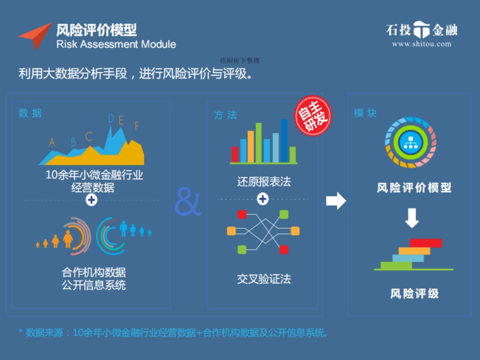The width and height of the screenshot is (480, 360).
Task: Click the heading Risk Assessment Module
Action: pos(116,44)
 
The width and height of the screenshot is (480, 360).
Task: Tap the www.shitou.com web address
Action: pos(422,44)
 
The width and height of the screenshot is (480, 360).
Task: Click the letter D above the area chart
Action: pos(111,118)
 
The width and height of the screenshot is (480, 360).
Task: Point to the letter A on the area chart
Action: pos(52,143)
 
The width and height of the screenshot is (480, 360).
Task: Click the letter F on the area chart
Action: pos(137,126)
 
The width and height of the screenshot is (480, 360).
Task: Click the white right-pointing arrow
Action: pos(336,201)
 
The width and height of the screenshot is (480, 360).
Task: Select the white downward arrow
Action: pos(412,218)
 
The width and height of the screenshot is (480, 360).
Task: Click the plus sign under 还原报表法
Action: pos(263,198)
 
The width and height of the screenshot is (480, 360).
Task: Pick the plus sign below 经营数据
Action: pos(92,200)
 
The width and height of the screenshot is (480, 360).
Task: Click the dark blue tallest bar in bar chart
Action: pos(284,140)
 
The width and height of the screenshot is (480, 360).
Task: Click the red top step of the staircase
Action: pos(426,243)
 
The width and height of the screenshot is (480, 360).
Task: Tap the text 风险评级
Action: pos(414,294)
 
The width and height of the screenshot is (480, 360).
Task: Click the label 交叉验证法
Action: pos(264,279)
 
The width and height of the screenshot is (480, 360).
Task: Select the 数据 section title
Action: pos(30,114)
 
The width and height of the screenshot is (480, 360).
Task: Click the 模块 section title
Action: pos(365,114)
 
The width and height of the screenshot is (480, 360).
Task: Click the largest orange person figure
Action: pos(68,239)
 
